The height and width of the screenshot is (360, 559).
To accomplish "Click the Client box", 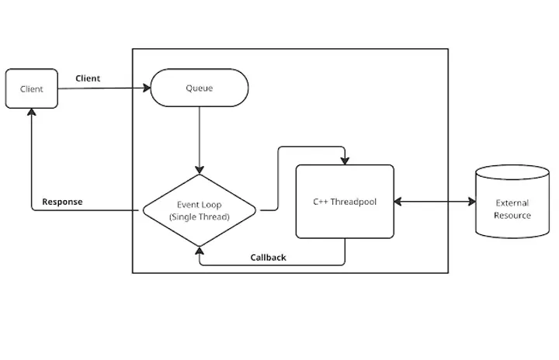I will coord(32,89).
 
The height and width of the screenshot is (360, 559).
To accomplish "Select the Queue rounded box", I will coord(200,88).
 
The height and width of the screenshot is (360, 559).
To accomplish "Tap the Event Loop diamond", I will coord(200,210).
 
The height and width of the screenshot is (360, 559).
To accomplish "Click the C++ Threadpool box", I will coord(345,202).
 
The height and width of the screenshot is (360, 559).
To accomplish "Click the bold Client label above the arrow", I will coord(87,78).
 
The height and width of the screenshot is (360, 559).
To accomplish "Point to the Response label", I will coord(62,202).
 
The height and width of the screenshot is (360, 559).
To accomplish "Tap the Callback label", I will coord(268,257).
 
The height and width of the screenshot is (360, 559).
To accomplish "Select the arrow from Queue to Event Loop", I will coord(200,140).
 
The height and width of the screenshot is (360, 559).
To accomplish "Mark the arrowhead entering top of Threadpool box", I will coord(345,161).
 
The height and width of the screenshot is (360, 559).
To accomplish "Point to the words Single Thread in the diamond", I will coord(200,217).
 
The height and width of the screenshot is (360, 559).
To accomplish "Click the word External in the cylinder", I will coord(512,203).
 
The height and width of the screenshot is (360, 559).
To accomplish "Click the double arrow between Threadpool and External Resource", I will coord(435,202).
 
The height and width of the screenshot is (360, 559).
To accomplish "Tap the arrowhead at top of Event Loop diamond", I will coord(200,170).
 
